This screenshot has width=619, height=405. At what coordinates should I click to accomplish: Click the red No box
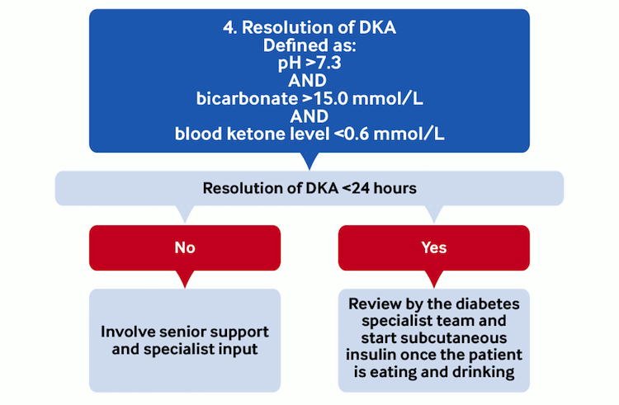point(185,247)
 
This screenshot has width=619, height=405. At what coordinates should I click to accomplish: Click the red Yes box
point(434,247)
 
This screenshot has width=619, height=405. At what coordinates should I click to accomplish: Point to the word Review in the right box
point(375,303)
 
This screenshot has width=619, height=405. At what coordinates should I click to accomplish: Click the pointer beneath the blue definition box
point(309,161)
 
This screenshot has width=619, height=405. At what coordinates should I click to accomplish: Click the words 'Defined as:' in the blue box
point(309,46)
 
